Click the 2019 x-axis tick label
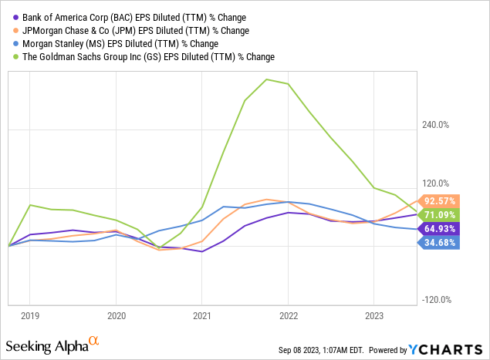pyautogui.click(x=29, y=315)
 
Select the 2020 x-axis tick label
pyautogui.click(x=116, y=315)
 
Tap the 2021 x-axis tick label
pyautogui.click(x=201, y=315)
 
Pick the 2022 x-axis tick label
pyautogui.click(x=288, y=315)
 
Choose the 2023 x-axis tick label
pyautogui.click(x=373, y=315)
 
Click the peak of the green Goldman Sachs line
pyautogui.click(x=266, y=79)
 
